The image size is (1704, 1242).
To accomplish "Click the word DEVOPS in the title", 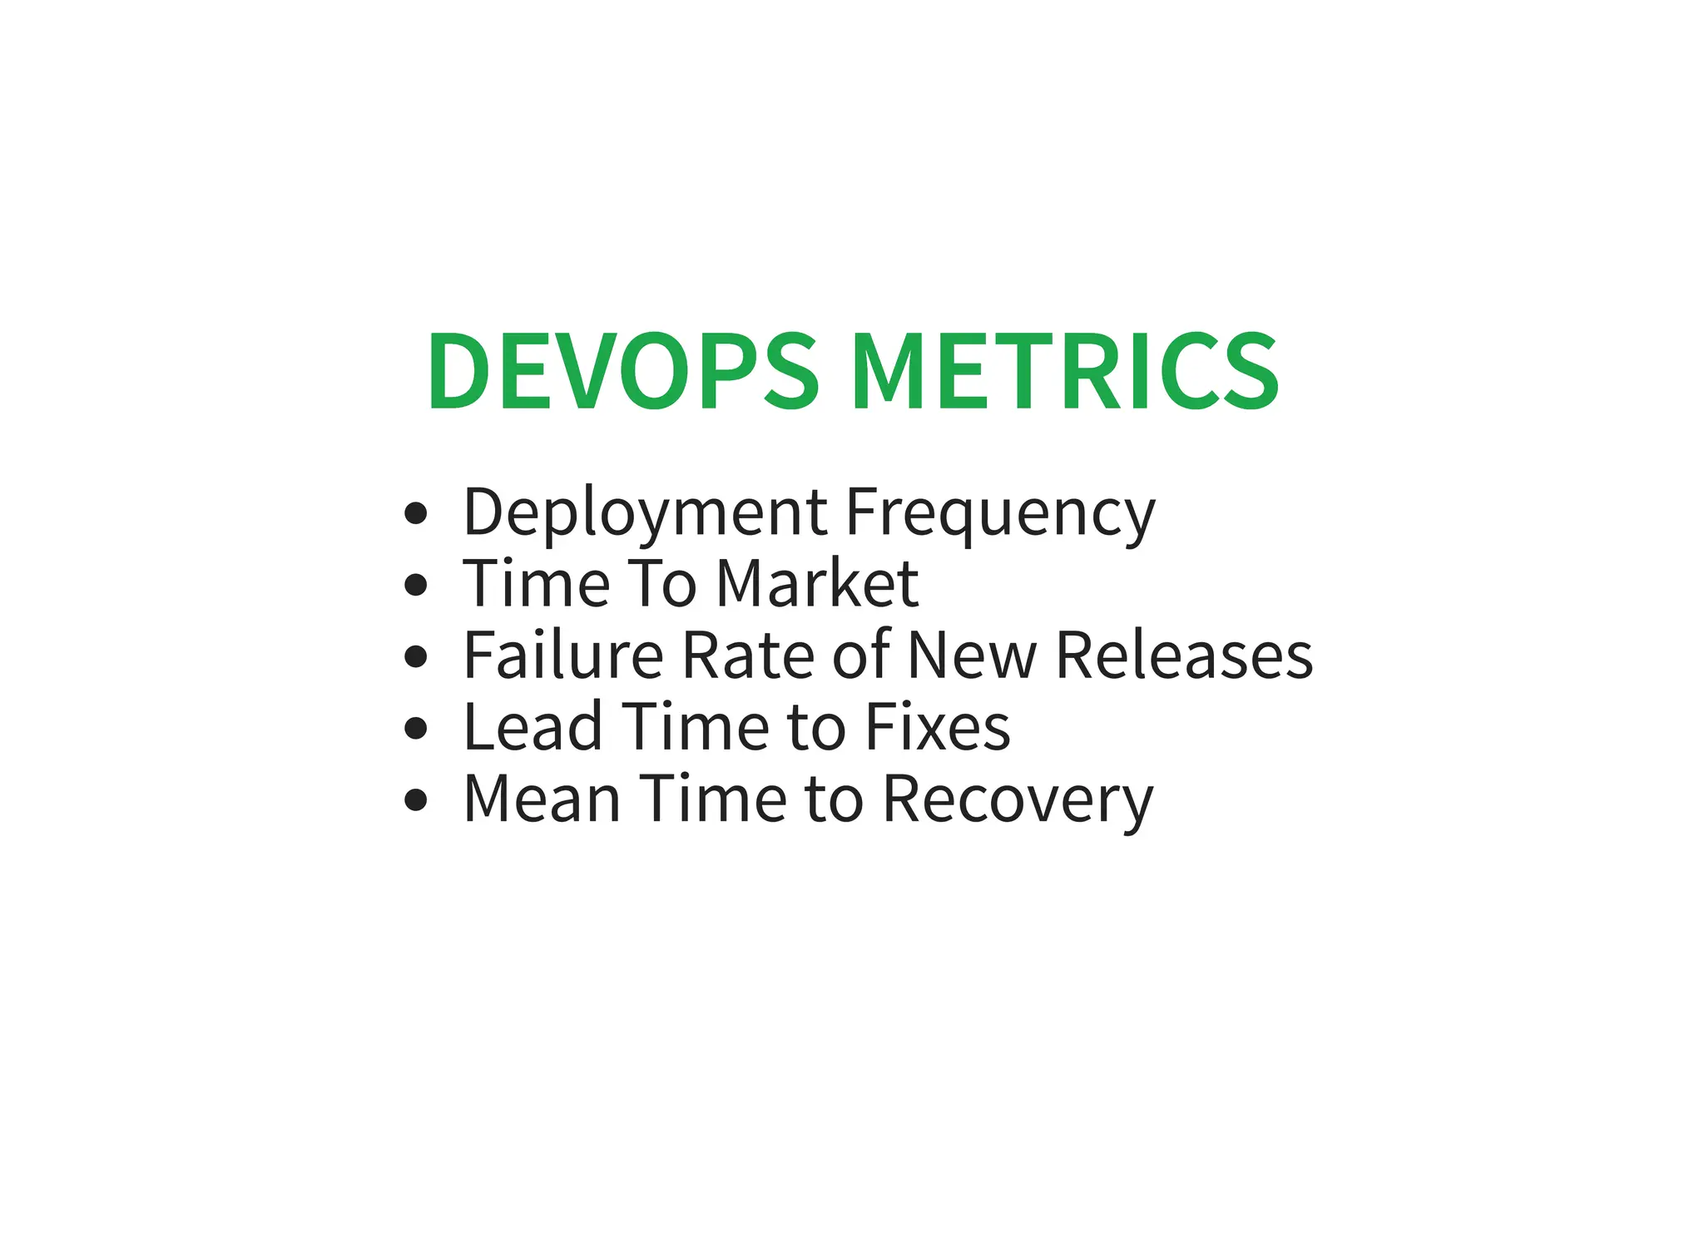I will [x=623, y=371].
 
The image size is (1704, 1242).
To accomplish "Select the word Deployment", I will [x=645, y=513].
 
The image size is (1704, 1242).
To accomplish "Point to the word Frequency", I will [x=1000, y=513].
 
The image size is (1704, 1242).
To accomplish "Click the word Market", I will [x=817, y=584].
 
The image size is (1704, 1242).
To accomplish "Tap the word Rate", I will [x=747, y=656].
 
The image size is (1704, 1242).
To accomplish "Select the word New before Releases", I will [x=972, y=656].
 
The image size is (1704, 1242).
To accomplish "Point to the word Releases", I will [x=1184, y=656].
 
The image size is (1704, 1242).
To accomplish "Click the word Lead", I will [x=532, y=727].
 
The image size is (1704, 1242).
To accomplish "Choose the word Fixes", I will [x=938, y=727].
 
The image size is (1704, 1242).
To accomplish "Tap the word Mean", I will [x=542, y=799].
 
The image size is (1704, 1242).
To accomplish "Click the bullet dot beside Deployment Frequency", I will [x=415, y=513].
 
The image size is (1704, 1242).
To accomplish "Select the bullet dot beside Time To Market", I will [x=415, y=585].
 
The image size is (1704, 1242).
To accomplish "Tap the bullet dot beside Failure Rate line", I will [x=415, y=656].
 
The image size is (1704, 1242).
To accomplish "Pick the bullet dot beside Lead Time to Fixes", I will [x=415, y=728].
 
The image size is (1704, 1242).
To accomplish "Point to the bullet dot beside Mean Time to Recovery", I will [x=415, y=799].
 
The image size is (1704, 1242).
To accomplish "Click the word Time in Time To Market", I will [x=537, y=584].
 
